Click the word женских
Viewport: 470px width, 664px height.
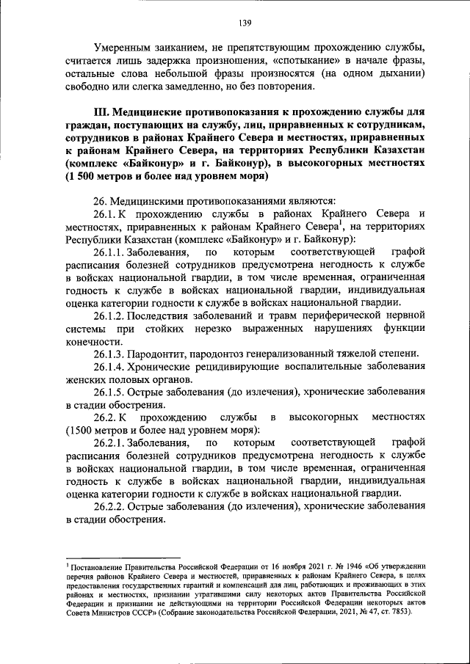(x=87, y=380)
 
